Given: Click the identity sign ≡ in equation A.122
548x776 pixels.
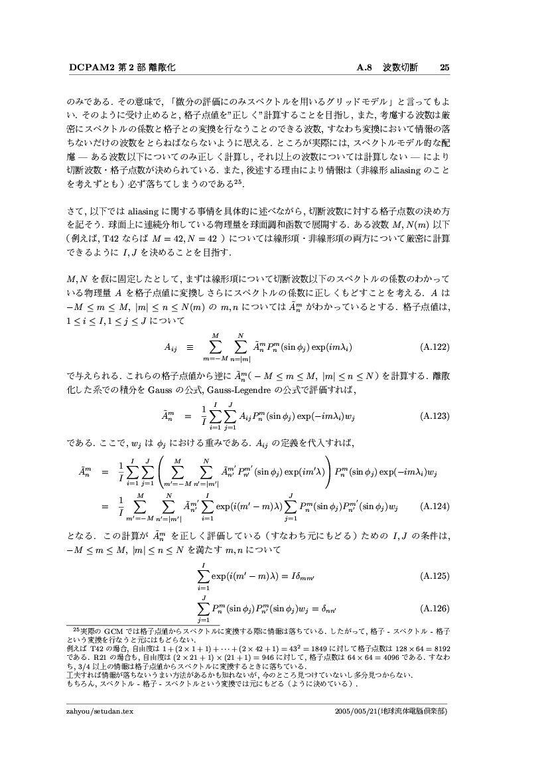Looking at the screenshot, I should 189,346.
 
